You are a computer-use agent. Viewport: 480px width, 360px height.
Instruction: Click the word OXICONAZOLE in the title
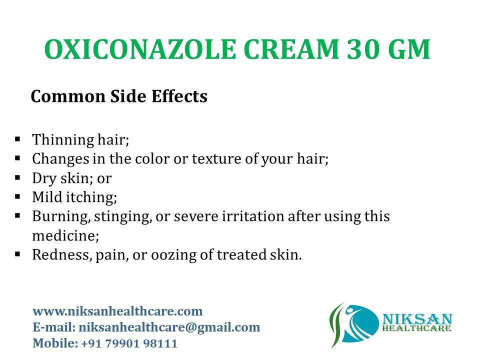coord(140,49)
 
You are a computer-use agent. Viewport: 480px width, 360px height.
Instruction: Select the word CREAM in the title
coord(291,49)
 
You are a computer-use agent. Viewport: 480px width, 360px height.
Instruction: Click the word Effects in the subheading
coord(179,96)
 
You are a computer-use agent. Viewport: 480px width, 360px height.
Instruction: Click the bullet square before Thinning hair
coord(17,139)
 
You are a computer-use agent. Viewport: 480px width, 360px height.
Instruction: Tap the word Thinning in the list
coord(63,140)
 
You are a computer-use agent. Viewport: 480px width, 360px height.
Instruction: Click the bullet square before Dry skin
coord(17,177)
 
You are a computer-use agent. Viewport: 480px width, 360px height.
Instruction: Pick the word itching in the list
coord(91,197)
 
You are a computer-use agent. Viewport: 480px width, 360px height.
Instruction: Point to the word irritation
coord(253,216)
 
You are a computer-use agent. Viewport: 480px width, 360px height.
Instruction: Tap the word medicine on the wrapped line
coord(65,235)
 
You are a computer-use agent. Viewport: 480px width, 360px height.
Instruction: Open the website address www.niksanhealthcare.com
coord(117,311)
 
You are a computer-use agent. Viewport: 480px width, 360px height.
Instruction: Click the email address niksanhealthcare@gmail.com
coord(169,327)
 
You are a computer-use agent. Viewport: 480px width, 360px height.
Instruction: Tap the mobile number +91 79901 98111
coord(129,343)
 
